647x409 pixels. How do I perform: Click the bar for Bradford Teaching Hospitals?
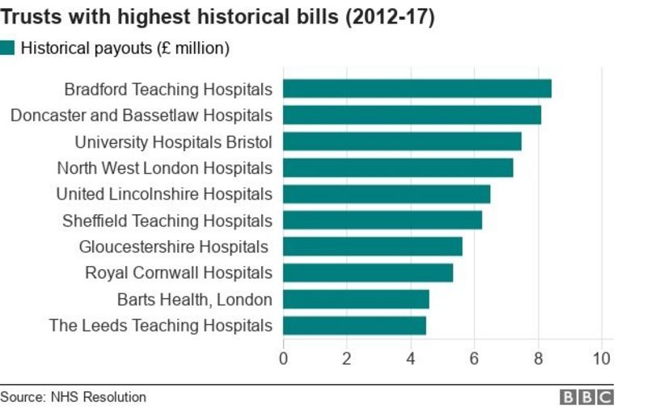417,89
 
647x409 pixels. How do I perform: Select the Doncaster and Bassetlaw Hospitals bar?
412,115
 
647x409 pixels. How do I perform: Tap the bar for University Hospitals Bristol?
402,141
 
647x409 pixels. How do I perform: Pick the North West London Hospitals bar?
398,167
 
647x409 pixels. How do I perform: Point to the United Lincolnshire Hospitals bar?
387,194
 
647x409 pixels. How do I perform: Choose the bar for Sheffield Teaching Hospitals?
383,220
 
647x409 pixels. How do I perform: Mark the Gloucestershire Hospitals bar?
372,247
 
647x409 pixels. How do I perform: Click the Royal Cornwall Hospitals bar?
368,272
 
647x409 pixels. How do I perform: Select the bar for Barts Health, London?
356,299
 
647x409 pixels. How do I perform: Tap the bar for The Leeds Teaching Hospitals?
354,325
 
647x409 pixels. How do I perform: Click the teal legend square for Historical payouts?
8,48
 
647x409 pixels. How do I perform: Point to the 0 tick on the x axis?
283,358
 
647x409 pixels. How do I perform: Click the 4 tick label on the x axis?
410,358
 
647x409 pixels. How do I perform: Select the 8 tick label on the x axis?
538,358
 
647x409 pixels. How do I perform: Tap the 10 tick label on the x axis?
601,358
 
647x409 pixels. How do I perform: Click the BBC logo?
588,397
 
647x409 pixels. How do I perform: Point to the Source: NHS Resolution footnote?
74,397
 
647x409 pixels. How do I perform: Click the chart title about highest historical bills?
218,17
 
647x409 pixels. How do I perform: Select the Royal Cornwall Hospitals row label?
179,272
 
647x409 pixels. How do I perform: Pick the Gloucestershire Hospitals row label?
173,247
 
